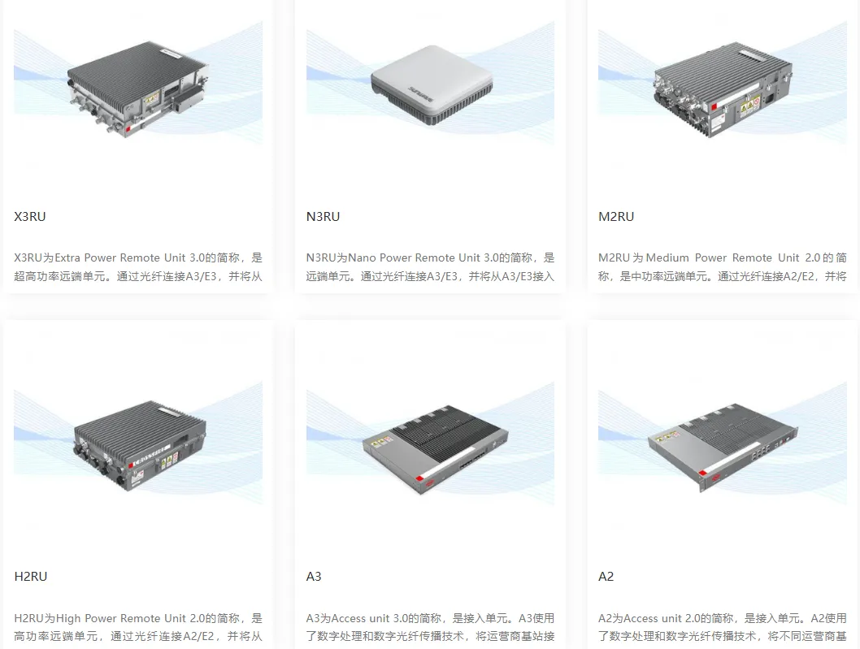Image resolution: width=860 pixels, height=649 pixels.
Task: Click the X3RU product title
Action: (x=30, y=217)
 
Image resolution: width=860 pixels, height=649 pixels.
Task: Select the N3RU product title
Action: (x=323, y=217)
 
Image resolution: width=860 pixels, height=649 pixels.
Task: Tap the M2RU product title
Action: (x=616, y=217)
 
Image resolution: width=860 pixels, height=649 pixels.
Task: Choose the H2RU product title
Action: (x=31, y=577)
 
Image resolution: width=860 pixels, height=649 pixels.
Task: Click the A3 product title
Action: (x=314, y=577)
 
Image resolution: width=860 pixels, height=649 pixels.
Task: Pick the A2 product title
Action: (x=606, y=577)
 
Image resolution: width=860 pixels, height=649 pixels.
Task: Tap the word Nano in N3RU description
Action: (x=363, y=258)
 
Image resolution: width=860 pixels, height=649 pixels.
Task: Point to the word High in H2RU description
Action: (x=68, y=619)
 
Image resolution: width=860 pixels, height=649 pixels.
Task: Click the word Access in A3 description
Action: (x=349, y=619)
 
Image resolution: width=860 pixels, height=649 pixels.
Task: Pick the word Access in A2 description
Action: (x=641, y=619)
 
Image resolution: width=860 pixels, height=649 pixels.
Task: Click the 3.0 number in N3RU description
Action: (x=494, y=258)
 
